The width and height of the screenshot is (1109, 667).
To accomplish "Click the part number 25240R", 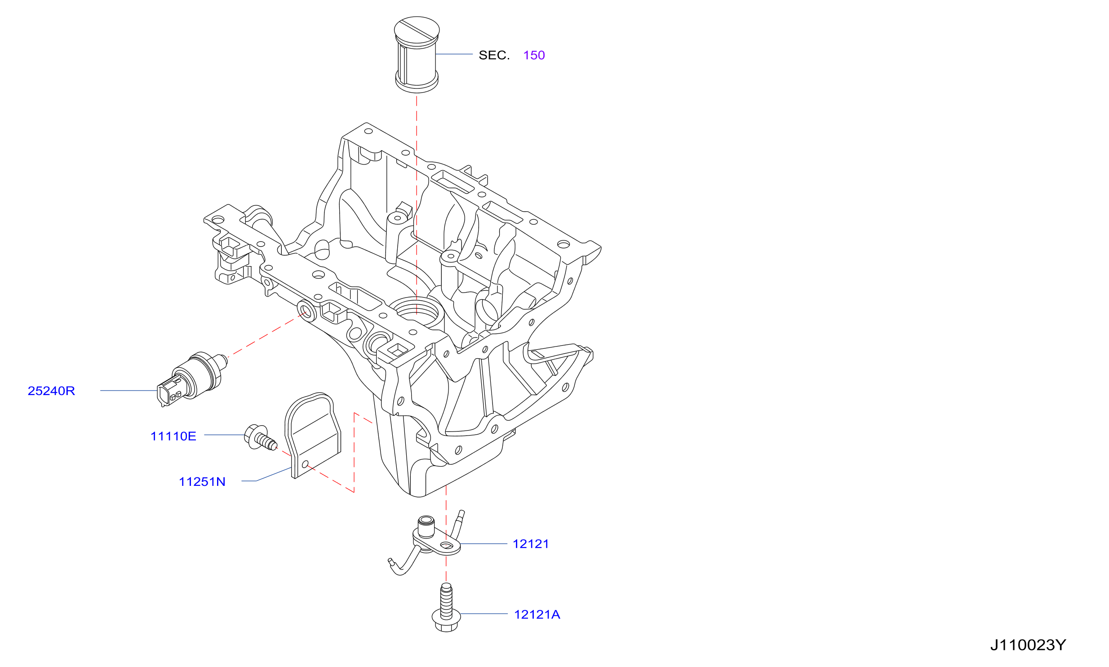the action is click(51, 391).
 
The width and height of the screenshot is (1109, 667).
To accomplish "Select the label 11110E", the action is click(173, 436).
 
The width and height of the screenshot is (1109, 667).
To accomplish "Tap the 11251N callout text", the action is click(202, 482).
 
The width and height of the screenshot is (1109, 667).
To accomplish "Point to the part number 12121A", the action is click(537, 614).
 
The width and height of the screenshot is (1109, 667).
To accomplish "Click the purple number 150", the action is click(534, 55).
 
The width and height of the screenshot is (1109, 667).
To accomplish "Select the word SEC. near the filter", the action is click(494, 55).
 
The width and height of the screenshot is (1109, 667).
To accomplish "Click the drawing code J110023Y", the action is click(1028, 645).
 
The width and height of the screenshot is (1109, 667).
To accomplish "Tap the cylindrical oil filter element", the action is click(417, 55).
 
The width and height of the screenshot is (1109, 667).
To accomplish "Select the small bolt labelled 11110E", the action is click(261, 437).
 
